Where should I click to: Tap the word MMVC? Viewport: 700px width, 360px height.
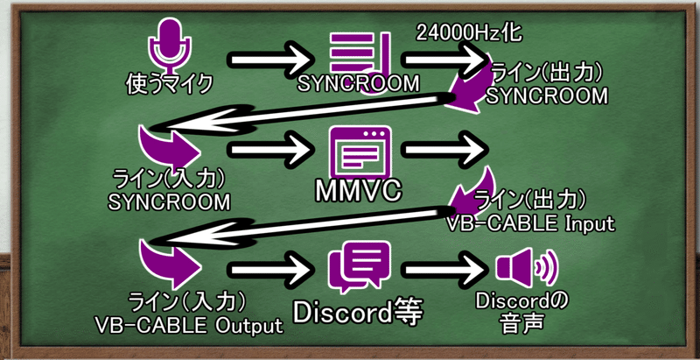click(x=358, y=191)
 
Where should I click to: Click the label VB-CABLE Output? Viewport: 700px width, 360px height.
click(x=187, y=326)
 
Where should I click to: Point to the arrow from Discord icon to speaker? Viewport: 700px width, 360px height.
click(x=446, y=268)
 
